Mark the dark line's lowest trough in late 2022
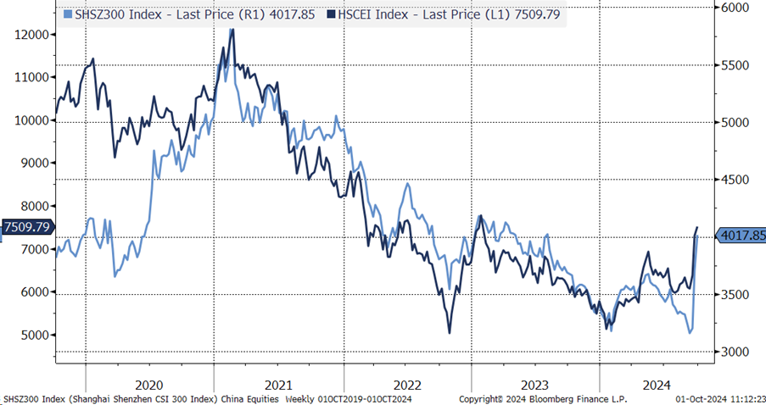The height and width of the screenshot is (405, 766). pos(449,333)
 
